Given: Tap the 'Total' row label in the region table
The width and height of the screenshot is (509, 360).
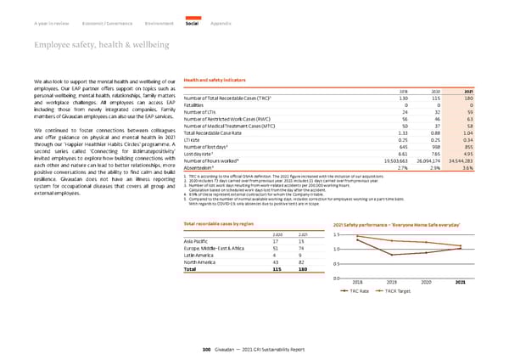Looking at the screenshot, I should pos(192,270).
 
